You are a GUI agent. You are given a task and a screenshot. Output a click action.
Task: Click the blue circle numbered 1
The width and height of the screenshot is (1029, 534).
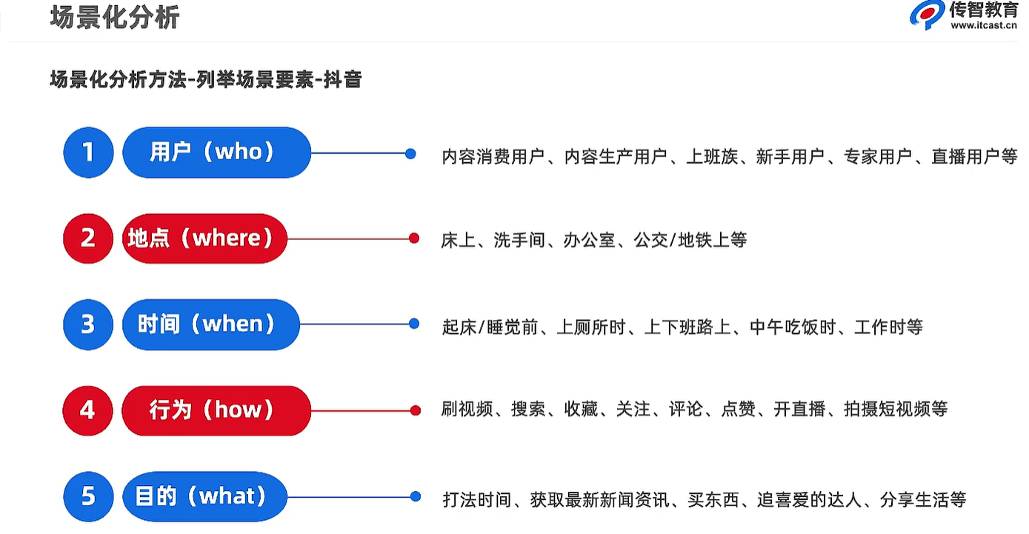coord(88,153)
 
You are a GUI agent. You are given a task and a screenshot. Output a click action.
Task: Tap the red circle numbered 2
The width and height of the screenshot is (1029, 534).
coord(88,238)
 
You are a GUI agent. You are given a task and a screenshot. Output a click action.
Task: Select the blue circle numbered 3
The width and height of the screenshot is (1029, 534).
coord(88,324)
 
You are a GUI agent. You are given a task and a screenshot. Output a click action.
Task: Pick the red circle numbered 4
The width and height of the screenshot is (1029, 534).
coord(88,410)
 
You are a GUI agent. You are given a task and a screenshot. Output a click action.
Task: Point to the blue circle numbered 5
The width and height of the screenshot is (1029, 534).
coord(88,495)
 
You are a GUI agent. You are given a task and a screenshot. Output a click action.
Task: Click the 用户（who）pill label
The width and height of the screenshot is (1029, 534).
coord(216,153)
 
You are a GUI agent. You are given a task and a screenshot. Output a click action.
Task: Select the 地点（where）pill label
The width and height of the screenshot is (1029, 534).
coord(204,238)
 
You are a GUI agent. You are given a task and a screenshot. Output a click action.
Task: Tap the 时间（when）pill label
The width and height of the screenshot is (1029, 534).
coord(210,324)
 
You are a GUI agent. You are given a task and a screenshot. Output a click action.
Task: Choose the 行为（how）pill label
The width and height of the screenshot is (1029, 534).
coord(216,410)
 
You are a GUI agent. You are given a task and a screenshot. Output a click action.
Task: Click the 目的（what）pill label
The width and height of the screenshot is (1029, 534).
coord(204,495)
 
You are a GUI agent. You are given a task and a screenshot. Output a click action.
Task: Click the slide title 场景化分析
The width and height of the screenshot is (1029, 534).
coord(115,17)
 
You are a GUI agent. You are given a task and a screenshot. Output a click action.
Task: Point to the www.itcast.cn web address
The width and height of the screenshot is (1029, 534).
coord(983,26)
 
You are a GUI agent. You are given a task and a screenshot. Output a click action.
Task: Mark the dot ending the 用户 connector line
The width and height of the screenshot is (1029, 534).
coord(411,154)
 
